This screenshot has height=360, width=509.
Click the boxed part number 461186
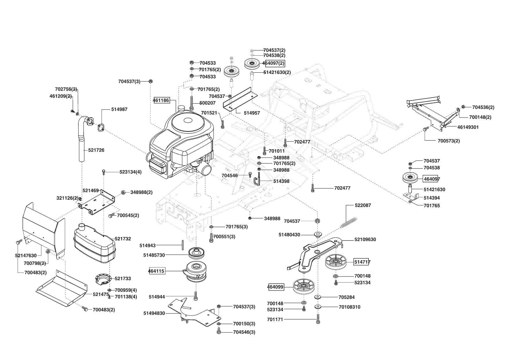click(x=161, y=100)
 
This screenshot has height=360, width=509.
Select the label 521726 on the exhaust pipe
click(x=96, y=150)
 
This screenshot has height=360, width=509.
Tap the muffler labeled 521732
click(x=95, y=243)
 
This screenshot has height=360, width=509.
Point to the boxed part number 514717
click(x=362, y=262)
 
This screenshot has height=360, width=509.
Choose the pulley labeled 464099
click(x=304, y=287)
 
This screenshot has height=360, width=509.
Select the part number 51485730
click(x=154, y=255)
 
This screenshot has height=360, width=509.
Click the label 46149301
click(x=468, y=127)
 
